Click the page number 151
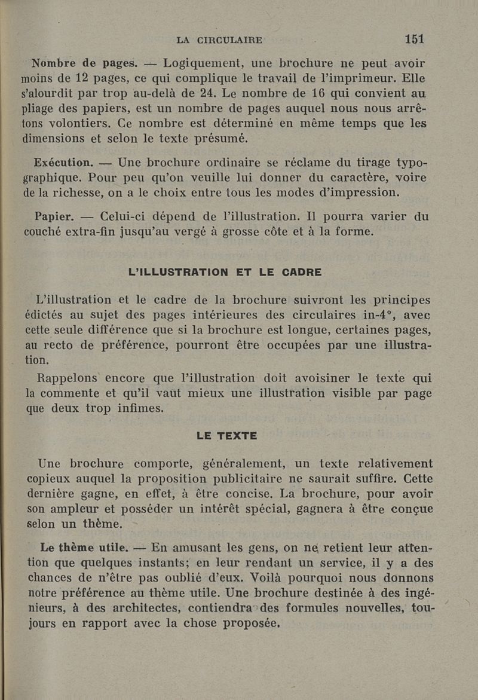point(414,39)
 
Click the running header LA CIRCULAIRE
point(219,40)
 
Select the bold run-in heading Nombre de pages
point(84,62)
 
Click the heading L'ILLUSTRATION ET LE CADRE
point(225,272)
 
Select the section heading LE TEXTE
point(227,436)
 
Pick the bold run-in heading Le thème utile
point(83,546)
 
